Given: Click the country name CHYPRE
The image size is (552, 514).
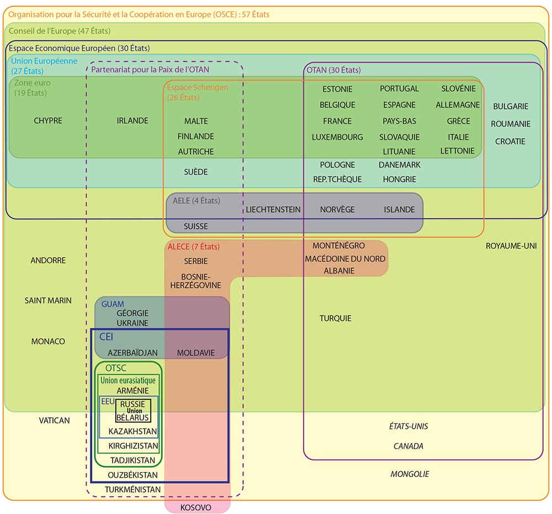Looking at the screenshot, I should (x=48, y=120).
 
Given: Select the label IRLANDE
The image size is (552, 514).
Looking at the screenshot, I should (x=132, y=120).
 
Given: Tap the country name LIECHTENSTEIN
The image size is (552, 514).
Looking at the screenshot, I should (x=273, y=209).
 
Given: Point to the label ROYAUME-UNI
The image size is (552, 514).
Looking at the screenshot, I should (x=511, y=246).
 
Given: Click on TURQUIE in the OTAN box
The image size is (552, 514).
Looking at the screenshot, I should (x=335, y=318).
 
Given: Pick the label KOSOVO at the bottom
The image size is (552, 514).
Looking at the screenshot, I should (x=196, y=507).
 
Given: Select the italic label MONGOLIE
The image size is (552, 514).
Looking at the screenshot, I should (x=410, y=474).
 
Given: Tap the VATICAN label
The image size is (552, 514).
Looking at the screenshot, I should (x=54, y=421).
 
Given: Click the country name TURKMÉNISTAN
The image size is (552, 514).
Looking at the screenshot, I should (x=132, y=490).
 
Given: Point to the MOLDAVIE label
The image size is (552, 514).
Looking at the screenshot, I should (x=196, y=353).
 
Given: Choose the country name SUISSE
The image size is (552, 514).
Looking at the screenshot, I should (x=196, y=226).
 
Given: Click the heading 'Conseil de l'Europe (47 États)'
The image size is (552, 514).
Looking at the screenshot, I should (x=59, y=31).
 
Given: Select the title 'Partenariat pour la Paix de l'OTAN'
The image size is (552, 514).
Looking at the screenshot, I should (x=150, y=70).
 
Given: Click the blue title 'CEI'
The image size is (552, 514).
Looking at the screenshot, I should (x=106, y=337).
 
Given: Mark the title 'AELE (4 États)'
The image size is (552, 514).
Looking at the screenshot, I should (x=196, y=201).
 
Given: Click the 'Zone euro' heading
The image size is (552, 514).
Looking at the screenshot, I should (x=32, y=83).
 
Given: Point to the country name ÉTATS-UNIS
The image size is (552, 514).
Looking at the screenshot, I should (x=408, y=426).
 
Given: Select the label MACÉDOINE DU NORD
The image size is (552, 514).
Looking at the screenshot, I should (x=345, y=259).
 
